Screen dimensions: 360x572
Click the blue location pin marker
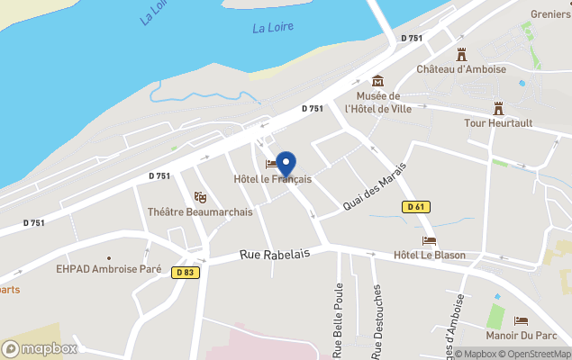click(x=286, y=164)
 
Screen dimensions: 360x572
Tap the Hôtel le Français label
click(x=272, y=179)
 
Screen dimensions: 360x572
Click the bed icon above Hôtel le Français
click(x=272, y=164)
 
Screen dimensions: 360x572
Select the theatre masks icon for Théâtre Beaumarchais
click(x=200, y=197)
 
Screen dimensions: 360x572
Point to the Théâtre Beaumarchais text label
click(x=200, y=212)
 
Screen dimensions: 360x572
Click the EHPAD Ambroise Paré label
click(x=108, y=268)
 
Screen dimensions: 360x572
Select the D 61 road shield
click(x=415, y=207)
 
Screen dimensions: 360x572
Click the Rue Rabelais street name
click(x=275, y=255)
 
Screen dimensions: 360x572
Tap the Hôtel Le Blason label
click(x=430, y=255)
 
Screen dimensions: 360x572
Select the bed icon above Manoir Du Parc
click(x=522, y=320)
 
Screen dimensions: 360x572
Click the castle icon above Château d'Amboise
click(x=462, y=54)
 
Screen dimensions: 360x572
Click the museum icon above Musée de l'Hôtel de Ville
click(x=377, y=81)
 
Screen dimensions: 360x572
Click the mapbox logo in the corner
click(x=40, y=348)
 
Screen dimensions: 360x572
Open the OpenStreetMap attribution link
click(x=539, y=354)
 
